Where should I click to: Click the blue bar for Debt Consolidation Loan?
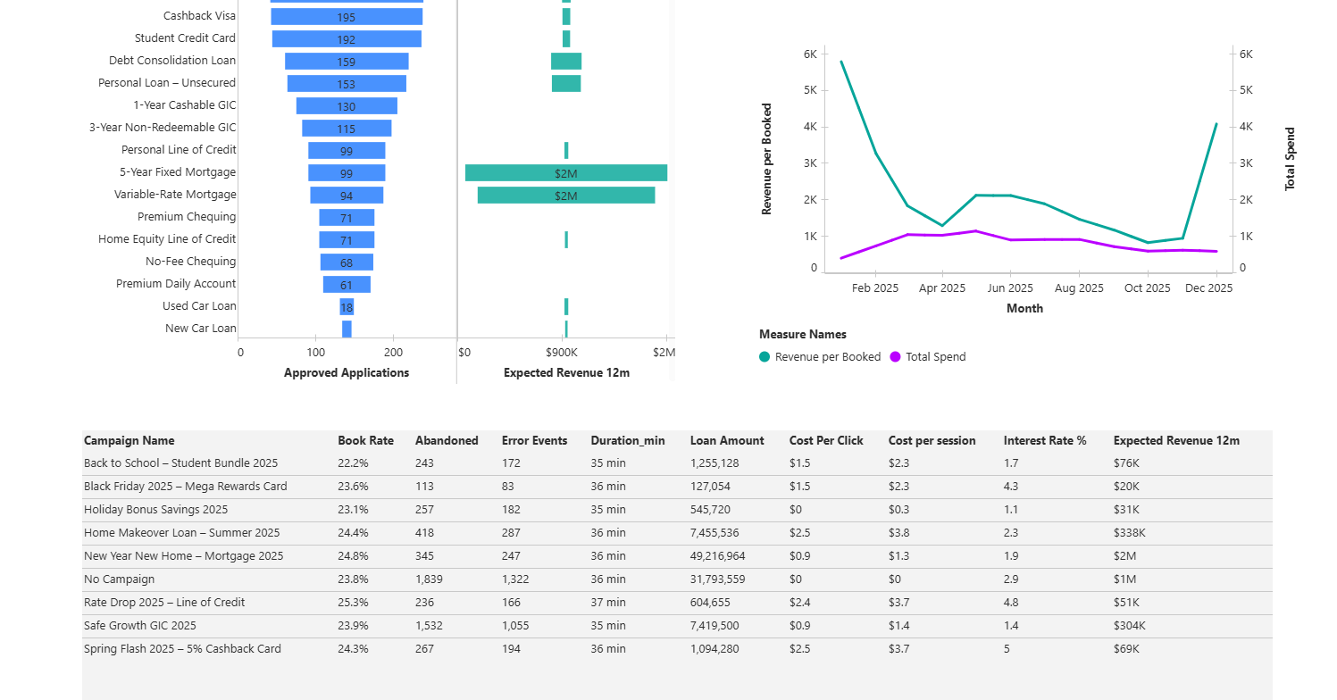click(347, 62)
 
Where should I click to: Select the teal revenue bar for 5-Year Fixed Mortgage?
click(566, 173)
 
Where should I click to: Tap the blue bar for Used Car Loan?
click(347, 307)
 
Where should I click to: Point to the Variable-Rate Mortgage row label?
click(175, 195)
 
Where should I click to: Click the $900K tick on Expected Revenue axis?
click(562, 353)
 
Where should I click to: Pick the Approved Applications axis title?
click(347, 373)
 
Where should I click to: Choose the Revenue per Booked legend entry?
click(820, 357)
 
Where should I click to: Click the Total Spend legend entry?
click(928, 357)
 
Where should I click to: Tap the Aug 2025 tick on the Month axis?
click(1079, 288)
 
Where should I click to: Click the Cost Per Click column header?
click(826, 441)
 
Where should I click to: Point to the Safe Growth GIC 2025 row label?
click(140, 626)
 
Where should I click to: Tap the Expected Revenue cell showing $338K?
click(1130, 533)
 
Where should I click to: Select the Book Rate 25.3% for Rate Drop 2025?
click(353, 603)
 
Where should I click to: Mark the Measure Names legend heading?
click(803, 335)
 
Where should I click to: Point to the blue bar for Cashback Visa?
click(347, 17)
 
